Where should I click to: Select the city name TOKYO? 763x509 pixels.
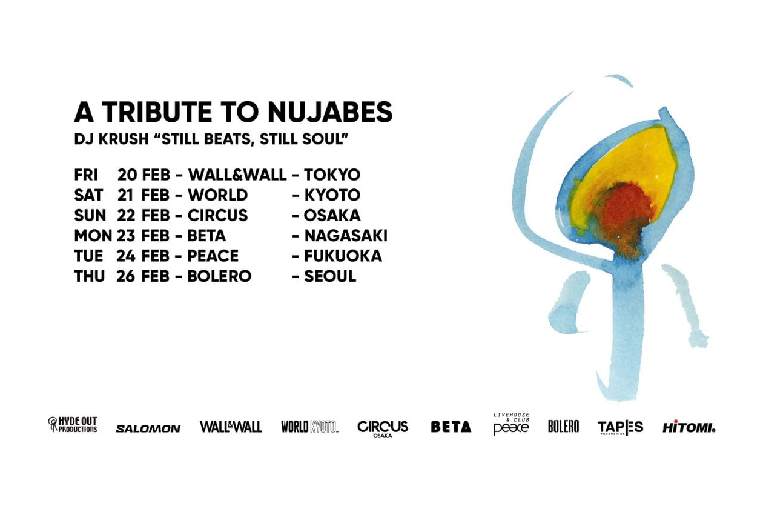pyautogui.click(x=332, y=175)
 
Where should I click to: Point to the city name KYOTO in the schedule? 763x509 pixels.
pyautogui.click(x=332, y=195)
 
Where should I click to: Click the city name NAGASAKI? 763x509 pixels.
pyautogui.click(x=346, y=236)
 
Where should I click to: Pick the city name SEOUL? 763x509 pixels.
pyautogui.click(x=330, y=276)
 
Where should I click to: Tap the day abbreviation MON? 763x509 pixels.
pyautogui.click(x=93, y=236)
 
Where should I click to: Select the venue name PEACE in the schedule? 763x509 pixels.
pyautogui.click(x=213, y=256)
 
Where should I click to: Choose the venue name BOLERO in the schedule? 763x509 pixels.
pyautogui.click(x=219, y=276)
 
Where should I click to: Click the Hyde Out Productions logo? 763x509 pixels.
pyautogui.click(x=73, y=425)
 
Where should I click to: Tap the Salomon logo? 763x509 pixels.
pyautogui.click(x=148, y=428)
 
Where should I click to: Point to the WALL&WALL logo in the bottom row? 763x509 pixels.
pyautogui.click(x=231, y=427)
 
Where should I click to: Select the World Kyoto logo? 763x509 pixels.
pyautogui.click(x=309, y=427)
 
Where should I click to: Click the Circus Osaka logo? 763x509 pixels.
pyautogui.click(x=383, y=428)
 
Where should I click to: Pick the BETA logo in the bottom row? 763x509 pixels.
pyautogui.click(x=451, y=427)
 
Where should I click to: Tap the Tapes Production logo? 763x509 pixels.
pyautogui.click(x=620, y=427)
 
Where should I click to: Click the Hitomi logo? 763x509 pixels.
pyautogui.click(x=689, y=427)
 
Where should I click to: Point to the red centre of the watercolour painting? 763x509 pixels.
pyautogui.click(x=627, y=209)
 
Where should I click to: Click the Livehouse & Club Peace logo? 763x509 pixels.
pyautogui.click(x=511, y=425)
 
